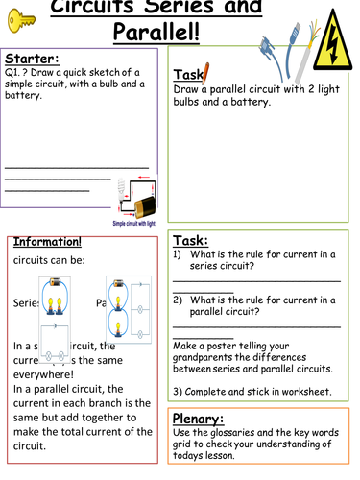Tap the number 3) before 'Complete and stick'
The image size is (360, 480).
180,392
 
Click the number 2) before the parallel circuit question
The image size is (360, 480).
179,299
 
